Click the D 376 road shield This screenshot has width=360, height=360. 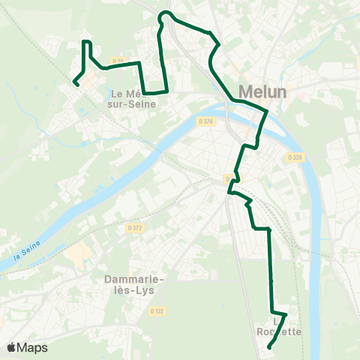[207, 121]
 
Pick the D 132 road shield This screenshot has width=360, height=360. [156, 310]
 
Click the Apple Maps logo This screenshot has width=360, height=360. [27, 347]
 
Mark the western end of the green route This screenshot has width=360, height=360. [75, 82]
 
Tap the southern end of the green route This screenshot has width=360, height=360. [269, 346]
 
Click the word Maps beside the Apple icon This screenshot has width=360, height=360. [33, 347]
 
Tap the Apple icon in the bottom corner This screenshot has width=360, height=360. [12, 347]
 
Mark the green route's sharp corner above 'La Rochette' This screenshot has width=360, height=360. [286, 314]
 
